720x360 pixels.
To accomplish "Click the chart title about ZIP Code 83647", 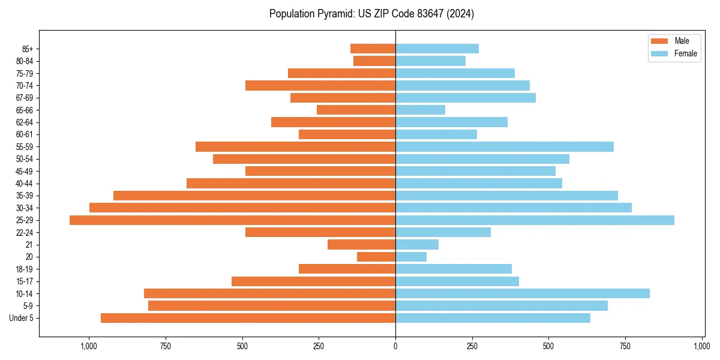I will click(x=371, y=14).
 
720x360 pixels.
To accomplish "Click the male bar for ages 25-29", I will click(x=232, y=220).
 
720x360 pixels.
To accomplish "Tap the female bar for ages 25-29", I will click(x=535, y=220).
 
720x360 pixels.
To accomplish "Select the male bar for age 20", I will click(x=376, y=257).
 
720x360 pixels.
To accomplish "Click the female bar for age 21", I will click(x=417, y=245).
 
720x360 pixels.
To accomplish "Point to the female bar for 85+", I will click(x=437, y=49).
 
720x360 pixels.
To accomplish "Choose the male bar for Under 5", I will click(x=248, y=318).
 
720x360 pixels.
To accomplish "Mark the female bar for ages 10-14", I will click(x=522, y=293).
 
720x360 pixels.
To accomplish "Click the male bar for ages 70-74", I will click(x=320, y=85).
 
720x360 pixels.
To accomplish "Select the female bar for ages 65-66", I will click(x=420, y=110).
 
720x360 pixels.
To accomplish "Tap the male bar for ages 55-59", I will click(x=295, y=146).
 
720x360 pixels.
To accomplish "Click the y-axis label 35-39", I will click(x=25, y=196).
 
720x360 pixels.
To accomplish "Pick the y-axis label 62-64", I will click(x=25, y=122).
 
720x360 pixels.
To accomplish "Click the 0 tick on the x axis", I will click(x=395, y=346).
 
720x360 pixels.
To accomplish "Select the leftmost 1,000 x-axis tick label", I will click(x=88, y=346).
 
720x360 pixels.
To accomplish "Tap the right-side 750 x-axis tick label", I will click(x=625, y=346).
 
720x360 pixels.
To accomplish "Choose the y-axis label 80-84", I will click(x=25, y=61).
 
